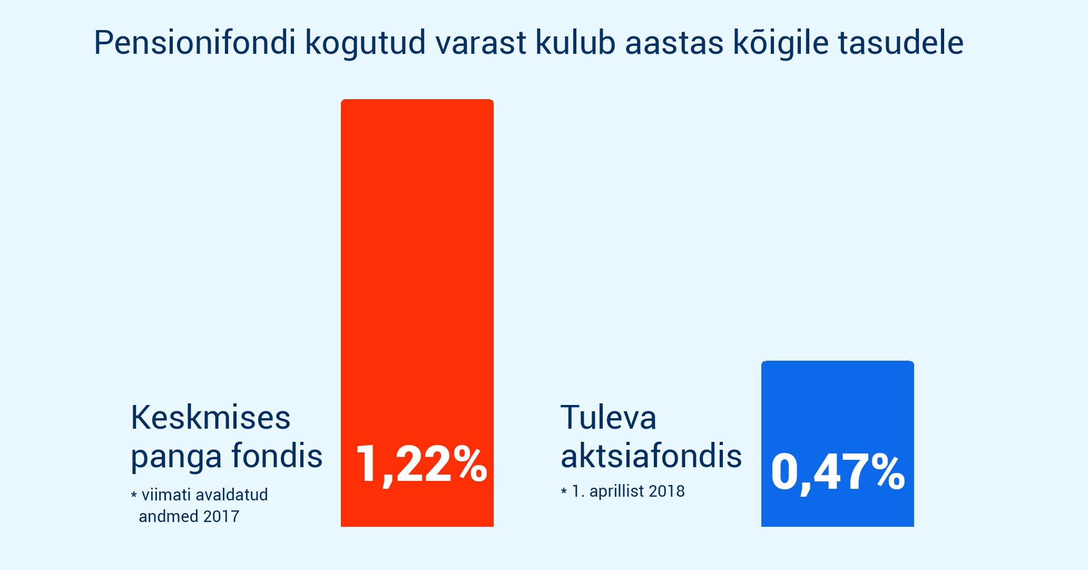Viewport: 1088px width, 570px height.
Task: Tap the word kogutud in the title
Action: click(366, 43)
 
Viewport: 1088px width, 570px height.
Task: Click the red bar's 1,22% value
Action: click(422, 464)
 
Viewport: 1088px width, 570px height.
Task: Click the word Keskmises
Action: click(211, 417)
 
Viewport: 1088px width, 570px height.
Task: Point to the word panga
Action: click(176, 457)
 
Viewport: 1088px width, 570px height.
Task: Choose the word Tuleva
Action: click(609, 417)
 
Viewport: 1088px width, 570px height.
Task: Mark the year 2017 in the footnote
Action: click(221, 516)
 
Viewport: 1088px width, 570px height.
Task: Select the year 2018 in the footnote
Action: click(666, 491)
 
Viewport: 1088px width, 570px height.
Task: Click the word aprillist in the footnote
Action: click(616, 491)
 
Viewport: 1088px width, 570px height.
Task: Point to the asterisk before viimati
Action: click(134, 495)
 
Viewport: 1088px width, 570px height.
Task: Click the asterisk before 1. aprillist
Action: click(564, 491)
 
